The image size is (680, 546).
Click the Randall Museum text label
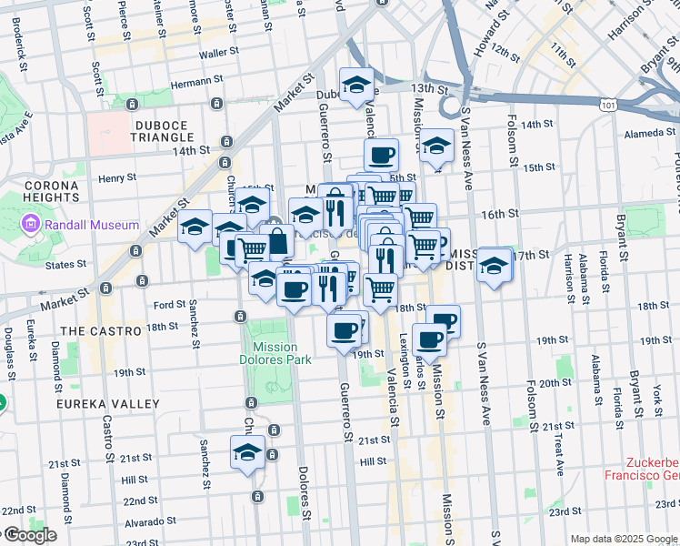(90, 225)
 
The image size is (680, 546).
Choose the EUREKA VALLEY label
(107, 403)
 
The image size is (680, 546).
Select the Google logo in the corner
(29, 535)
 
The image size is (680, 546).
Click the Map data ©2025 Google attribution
(624, 539)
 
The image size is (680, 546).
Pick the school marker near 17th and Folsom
(495, 265)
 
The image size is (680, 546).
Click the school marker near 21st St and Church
(247, 451)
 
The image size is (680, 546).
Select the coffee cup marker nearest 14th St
(382, 154)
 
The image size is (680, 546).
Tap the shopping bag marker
(277, 242)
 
